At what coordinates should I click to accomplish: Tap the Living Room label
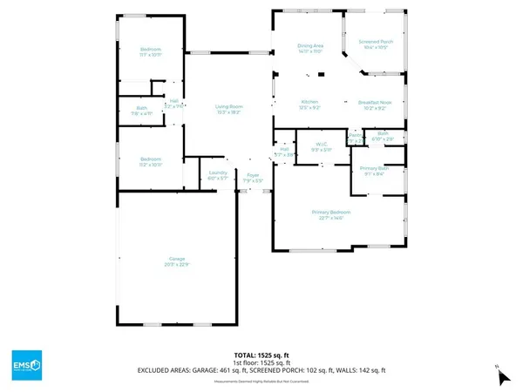(x=228, y=107)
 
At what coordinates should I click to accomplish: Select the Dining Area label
(x=311, y=46)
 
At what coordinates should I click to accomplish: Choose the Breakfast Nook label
(x=377, y=102)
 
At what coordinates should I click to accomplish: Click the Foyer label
(x=253, y=176)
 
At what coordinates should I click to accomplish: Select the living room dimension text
(x=228, y=112)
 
